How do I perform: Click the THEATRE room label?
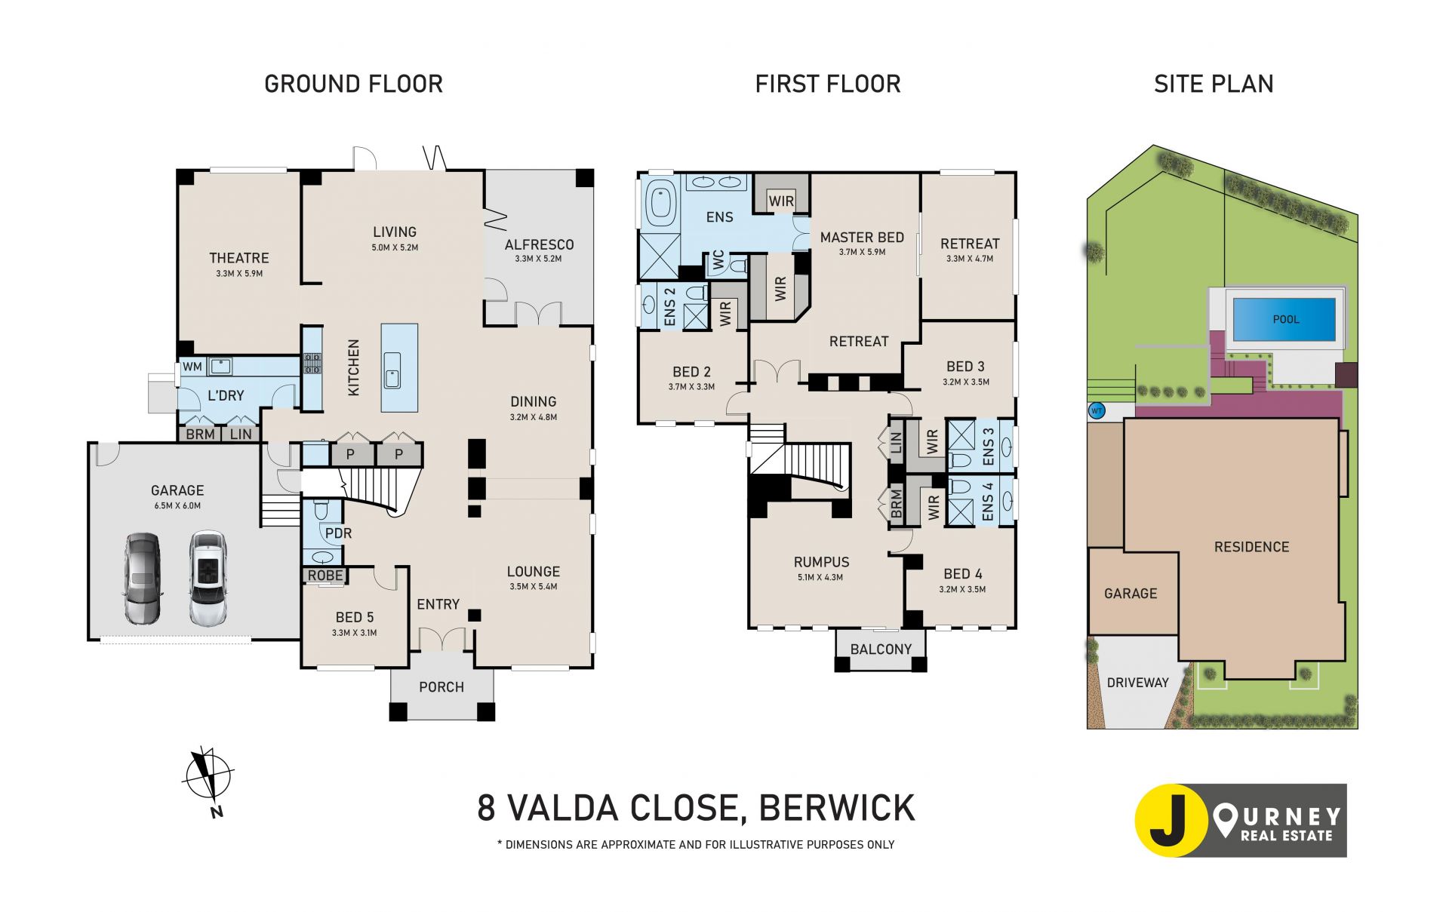click(238, 258)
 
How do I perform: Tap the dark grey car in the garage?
click(143, 579)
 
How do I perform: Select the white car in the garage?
click(208, 579)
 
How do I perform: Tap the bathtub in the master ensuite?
click(661, 203)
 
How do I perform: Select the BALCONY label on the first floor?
click(881, 649)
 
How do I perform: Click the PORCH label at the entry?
click(441, 687)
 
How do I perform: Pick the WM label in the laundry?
click(192, 367)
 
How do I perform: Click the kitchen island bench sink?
click(391, 370)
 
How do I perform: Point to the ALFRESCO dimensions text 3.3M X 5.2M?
click(538, 259)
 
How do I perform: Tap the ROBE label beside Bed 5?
click(325, 576)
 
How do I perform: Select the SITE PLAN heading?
click(1214, 84)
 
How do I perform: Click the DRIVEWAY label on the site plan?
click(1137, 683)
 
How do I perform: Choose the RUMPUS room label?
click(821, 562)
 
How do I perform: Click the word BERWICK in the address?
click(837, 808)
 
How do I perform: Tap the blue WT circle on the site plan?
click(1097, 411)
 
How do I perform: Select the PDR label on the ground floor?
click(338, 533)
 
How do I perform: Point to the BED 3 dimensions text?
click(965, 382)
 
